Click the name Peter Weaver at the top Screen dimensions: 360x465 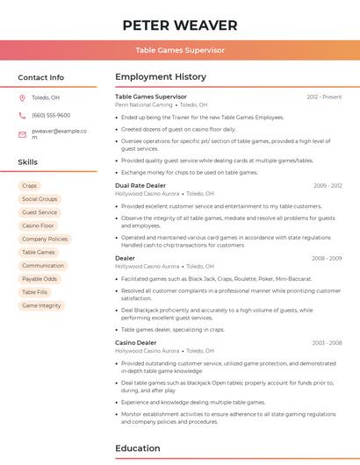click(x=180, y=25)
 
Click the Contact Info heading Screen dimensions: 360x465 click(x=41, y=77)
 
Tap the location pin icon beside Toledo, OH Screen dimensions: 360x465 click(x=22, y=97)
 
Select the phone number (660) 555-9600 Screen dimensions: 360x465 click(x=51, y=115)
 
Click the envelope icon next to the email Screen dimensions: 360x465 click(x=22, y=133)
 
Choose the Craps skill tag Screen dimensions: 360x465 click(x=30, y=186)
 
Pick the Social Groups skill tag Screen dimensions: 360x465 click(x=40, y=199)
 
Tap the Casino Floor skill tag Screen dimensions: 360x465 click(x=38, y=225)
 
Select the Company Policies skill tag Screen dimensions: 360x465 click(x=45, y=239)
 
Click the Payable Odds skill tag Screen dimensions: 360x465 click(x=40, y=279)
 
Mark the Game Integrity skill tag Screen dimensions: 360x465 click(x=41, y=305)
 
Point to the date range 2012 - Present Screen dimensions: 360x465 click(x=324, y=97)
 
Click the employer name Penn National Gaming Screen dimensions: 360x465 click(x=144, y=104)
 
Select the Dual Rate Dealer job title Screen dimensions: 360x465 click(x=140, y=185)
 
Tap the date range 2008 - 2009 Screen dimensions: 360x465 click(x=327, y=258)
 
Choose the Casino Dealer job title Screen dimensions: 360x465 click(x=135, y=342)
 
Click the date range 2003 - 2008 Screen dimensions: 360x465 click(x=327, y=342)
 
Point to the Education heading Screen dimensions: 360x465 click(x=138, y=448)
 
